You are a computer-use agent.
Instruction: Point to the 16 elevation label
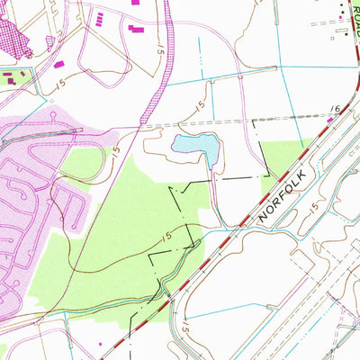(x=335, y=109)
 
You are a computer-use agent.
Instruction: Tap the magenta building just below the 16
(x=330, y=121)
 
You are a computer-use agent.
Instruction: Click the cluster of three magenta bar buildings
(x=136, y=30)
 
